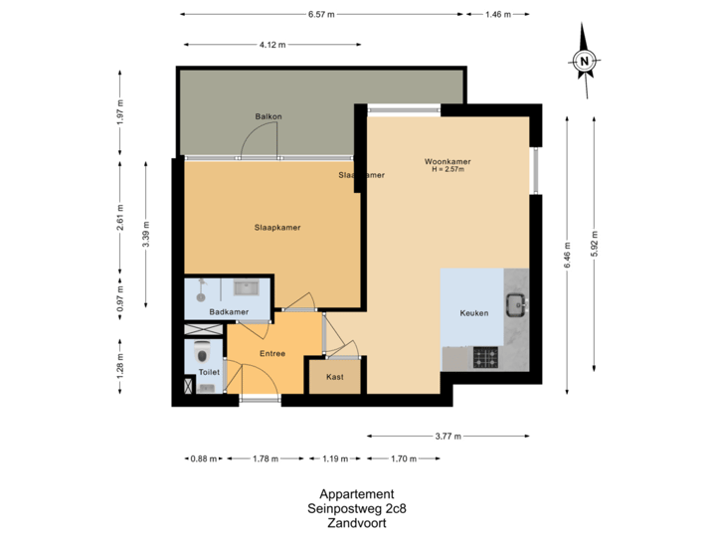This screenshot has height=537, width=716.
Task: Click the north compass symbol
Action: point(585,61)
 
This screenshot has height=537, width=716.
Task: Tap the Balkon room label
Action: point(268,116)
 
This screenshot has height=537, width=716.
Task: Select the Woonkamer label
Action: point(447,161)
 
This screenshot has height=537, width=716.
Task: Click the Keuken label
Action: point(473,313)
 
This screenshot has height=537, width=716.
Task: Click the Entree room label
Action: point(272,353)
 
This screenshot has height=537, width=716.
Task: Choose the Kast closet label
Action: point(335,376)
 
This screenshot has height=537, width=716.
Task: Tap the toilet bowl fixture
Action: point(204,354)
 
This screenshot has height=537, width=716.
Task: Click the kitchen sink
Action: point(516,303)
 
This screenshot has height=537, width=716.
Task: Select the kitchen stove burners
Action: point(485,356)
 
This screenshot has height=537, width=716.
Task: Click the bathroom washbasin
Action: point(246,288)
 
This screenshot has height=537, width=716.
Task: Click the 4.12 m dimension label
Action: point(271,45)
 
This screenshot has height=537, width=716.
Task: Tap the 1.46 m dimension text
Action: point(496,14)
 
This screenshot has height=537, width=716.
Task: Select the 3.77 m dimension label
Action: point(447,436)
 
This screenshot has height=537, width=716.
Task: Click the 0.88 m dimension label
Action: point(202,459)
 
